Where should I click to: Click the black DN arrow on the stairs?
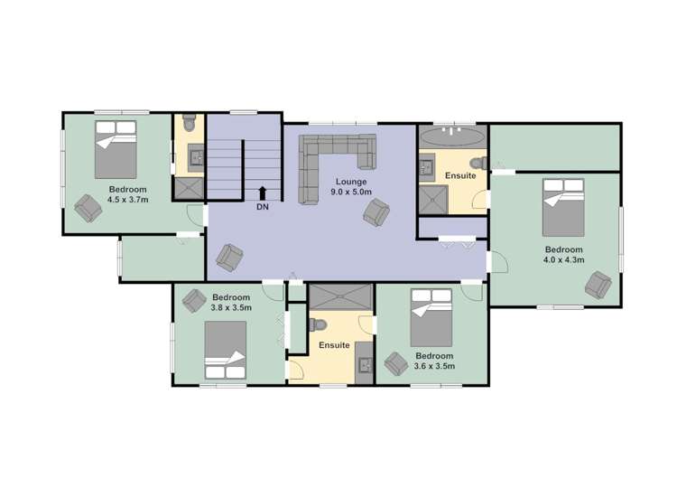[262, 192]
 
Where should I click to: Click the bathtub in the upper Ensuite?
[452, 137]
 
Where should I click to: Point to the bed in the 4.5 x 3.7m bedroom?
[116, 149]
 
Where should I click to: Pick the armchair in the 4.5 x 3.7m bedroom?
[88, 207]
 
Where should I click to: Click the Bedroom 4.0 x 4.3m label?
[563, 255]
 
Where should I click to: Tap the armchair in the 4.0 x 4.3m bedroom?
[598, 286]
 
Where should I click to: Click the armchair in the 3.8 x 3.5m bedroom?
[193, 299]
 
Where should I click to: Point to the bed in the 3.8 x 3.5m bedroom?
[225, 351]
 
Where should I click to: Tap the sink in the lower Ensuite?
[364, 364]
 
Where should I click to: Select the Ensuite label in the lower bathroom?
[334, 346]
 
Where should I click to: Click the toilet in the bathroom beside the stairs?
[189, 122]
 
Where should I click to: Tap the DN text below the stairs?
[262, 207]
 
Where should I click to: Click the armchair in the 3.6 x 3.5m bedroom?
[395, 364]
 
